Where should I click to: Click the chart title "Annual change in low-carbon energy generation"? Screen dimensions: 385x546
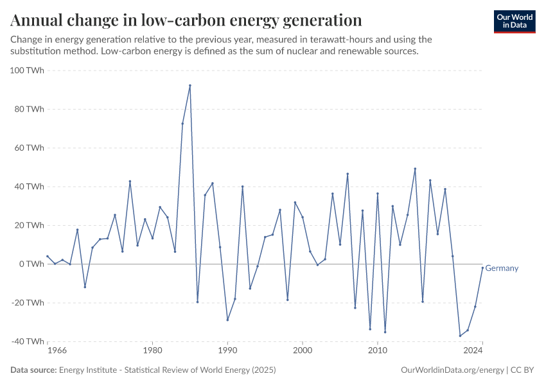(x=186, y=20)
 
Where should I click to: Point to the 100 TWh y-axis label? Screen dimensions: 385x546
(x=27, y=70)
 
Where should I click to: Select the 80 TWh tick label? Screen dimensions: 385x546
(x=29, y=109)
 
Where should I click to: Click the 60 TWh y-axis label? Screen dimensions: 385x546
(x=29, y=148)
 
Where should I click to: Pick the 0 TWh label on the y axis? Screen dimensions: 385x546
(x=31, y=264)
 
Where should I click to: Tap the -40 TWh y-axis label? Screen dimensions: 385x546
(x=27, y=341)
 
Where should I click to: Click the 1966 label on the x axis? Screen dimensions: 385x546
(x=57, y=351)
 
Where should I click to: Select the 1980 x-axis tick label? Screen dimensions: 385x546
(x=152, y=351)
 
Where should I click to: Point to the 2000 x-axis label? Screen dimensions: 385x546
(x=303, y=351)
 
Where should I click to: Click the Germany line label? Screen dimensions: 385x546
(x=502, y=268)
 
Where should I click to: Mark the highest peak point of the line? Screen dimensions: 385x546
(x=190, y=85)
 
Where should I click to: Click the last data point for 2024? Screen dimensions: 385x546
(x=482, y=268)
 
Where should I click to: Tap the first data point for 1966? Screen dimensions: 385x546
(x=47, y=256)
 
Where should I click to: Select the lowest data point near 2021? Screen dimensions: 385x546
(x=460, y=336)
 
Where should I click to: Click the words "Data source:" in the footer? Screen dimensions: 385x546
(x=33, y=370)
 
